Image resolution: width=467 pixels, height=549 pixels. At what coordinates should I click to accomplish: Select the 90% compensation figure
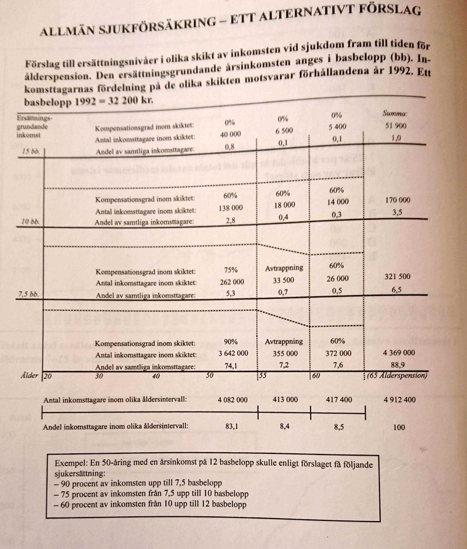[x=230, y=341]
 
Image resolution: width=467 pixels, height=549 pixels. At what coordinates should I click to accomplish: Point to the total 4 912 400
[x=399, y=400]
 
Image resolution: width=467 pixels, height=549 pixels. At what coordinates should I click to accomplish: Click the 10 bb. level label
[x=29, y=222]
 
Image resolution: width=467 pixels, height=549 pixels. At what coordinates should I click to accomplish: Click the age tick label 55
[x=263, y=376]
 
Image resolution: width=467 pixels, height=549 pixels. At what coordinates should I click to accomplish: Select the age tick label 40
[x=156, y=377]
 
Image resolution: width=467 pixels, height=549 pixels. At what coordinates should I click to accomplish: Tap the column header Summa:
[x=395, y=113]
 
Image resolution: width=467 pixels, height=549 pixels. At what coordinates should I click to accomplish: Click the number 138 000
[x=230, y=209]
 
